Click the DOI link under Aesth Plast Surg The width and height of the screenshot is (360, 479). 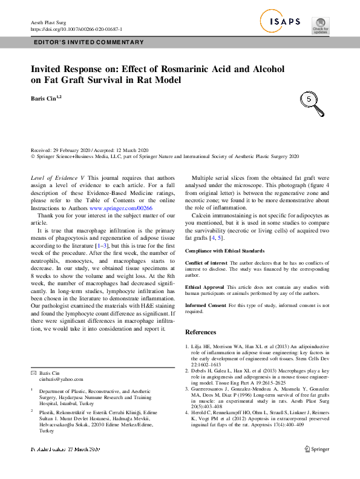(x=76, y=29)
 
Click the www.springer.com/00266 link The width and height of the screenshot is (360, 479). (x=126, y=208)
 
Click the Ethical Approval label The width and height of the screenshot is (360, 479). (x=206, y=286)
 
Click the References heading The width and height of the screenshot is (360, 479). (x=200, y=332)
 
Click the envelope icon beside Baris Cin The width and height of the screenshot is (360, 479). (x=34, y=373)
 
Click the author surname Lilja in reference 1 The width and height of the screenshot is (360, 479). (x=198, y=346)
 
